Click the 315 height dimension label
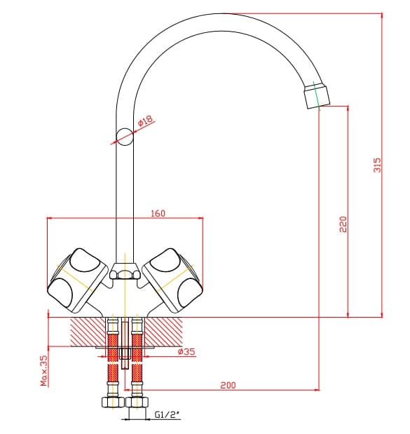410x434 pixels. (377, 165)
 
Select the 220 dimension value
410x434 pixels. (343, 224)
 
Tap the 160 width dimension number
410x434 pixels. (158, 213)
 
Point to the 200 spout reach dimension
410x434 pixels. (228, 385)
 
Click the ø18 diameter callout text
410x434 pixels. (145, 121)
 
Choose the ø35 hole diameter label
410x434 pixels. (186, 351)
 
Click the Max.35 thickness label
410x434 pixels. (44, 371)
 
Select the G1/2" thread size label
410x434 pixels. (167, 414)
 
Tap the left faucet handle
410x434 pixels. (78, 280)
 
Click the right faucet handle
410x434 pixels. (172, 280)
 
